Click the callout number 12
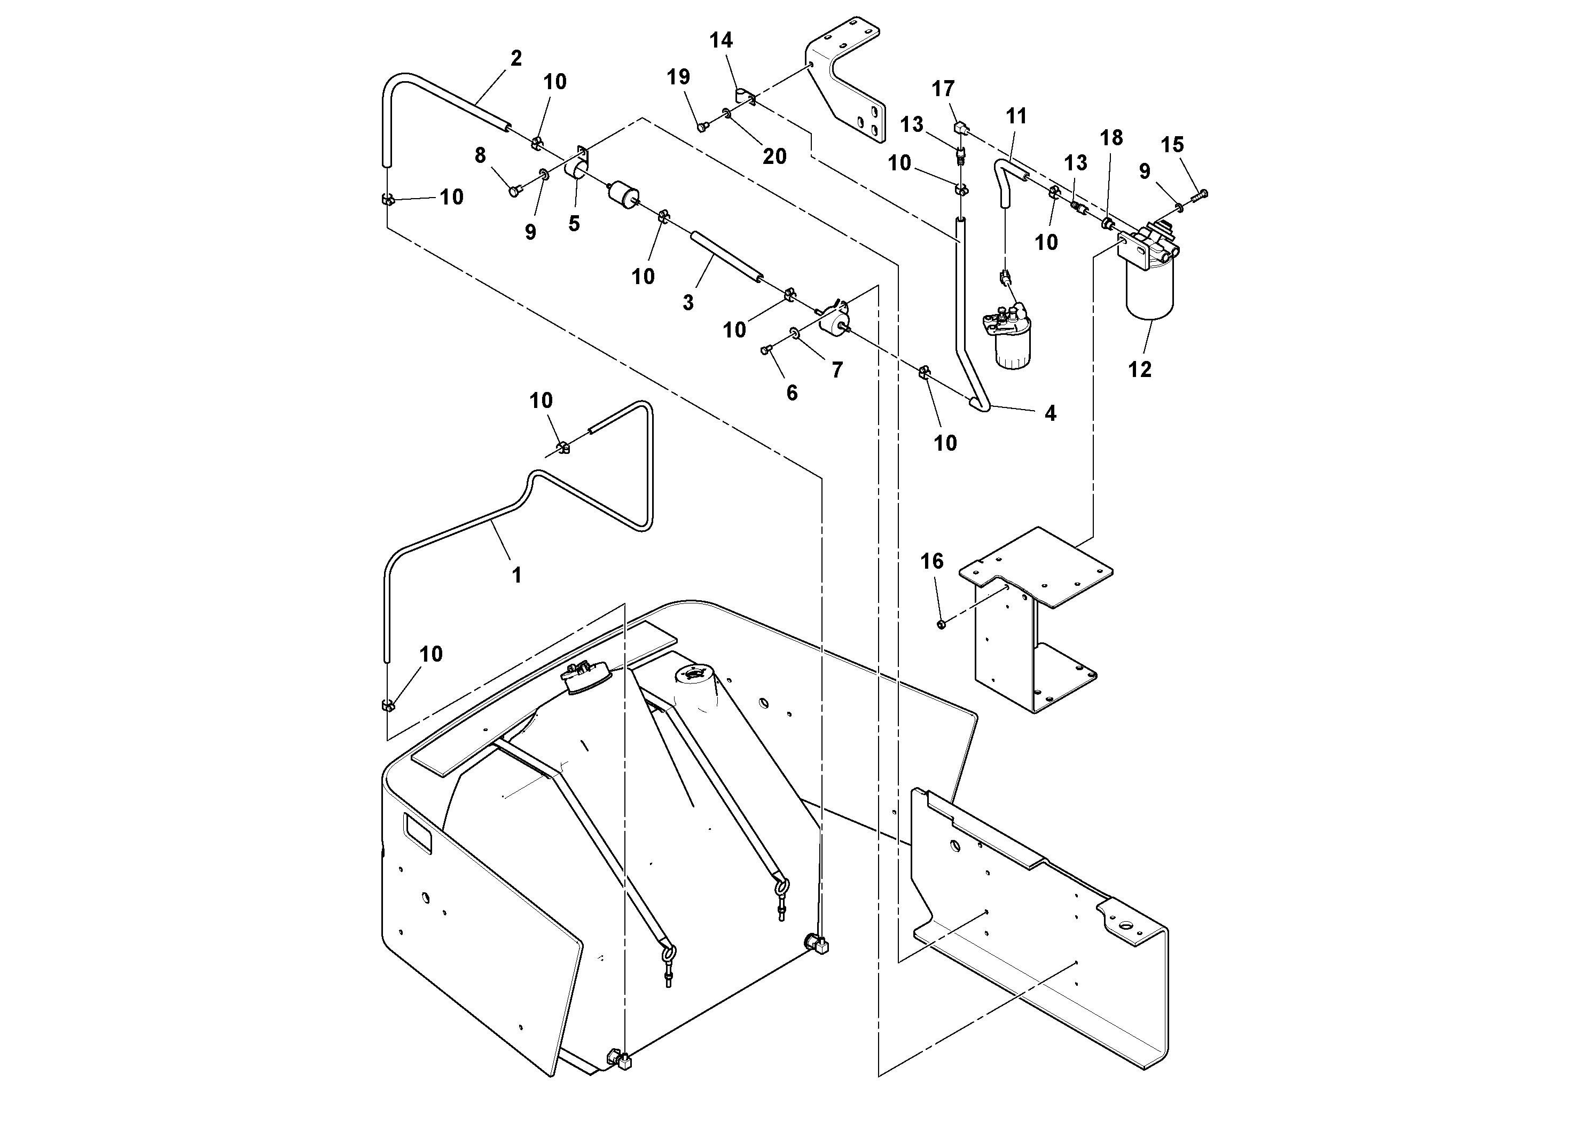(x=1139, y=370)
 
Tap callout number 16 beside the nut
(x=932, y=561)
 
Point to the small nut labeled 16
(x=941, y=624)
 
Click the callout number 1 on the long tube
(x=516, y=575)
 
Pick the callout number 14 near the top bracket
(x=721, y=40)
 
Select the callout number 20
(x=774, y=156)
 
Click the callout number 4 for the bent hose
(x=1050, y=413)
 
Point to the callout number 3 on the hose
(x=688, y=303)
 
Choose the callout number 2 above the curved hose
(x=516, y=58)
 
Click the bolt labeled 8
(x=514, y=191)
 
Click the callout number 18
(x=1111, y=138)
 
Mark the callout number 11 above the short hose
(x=1016, y=116)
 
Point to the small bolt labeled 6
(x=766, y=350)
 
